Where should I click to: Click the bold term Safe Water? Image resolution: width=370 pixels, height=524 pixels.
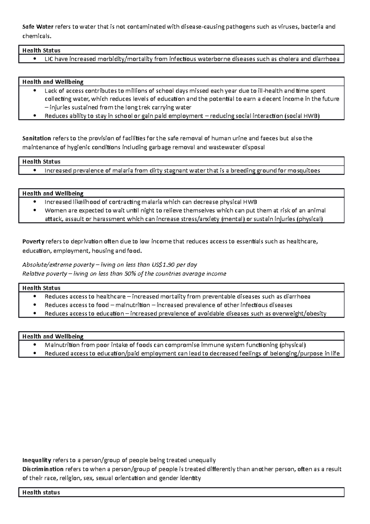38,27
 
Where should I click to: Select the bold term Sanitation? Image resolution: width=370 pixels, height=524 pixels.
37,138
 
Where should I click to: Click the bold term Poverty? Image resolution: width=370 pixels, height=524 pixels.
33,241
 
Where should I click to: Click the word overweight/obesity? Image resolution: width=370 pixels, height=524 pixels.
299,314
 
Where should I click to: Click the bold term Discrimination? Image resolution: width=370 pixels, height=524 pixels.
43,469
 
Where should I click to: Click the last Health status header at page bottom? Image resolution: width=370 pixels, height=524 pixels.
41,492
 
